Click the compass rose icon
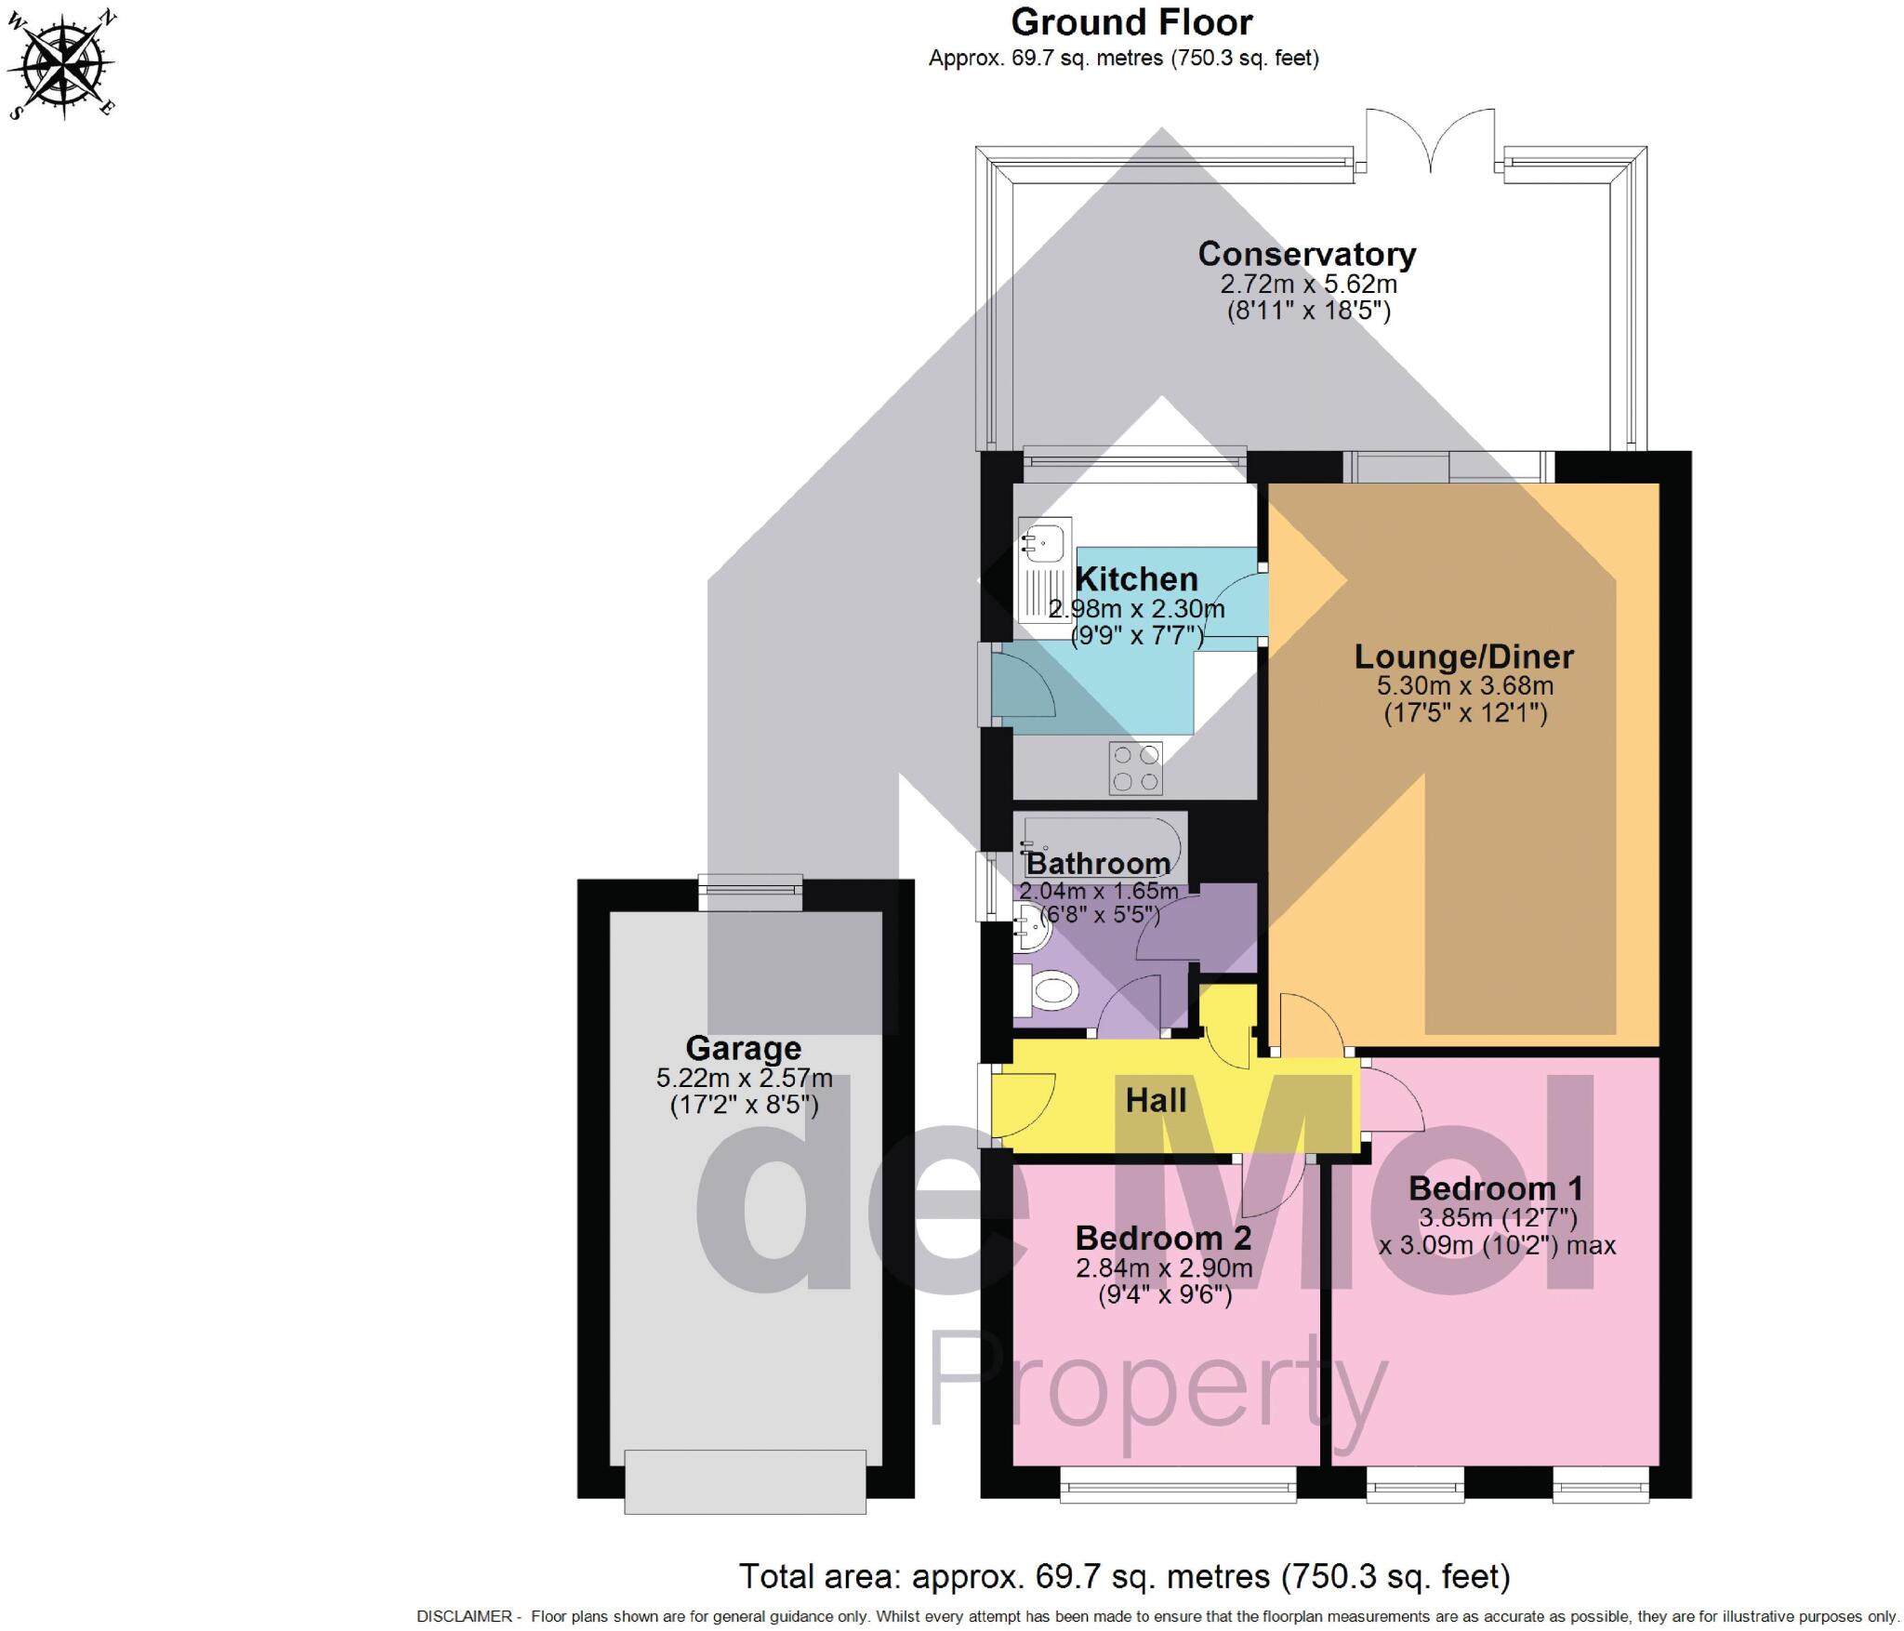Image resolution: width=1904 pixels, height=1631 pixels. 61,63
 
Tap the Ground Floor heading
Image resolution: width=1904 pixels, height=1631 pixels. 1131,22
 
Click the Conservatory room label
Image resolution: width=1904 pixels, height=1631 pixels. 1306,254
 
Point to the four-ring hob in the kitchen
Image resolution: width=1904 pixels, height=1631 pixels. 1135,768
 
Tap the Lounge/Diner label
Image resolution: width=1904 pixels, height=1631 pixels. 1463,656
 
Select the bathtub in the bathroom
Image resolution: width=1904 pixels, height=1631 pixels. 1099,846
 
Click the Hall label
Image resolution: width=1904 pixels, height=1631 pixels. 1156,1101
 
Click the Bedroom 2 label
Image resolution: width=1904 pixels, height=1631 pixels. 1163,1239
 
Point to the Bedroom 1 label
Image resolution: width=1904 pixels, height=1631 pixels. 1495,1188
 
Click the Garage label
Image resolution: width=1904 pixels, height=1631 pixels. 743,1048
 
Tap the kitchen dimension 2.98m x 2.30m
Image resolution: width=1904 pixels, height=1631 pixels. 1136,610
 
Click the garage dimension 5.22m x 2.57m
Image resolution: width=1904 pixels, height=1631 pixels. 744,1079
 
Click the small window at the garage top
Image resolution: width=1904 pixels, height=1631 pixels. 751,893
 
